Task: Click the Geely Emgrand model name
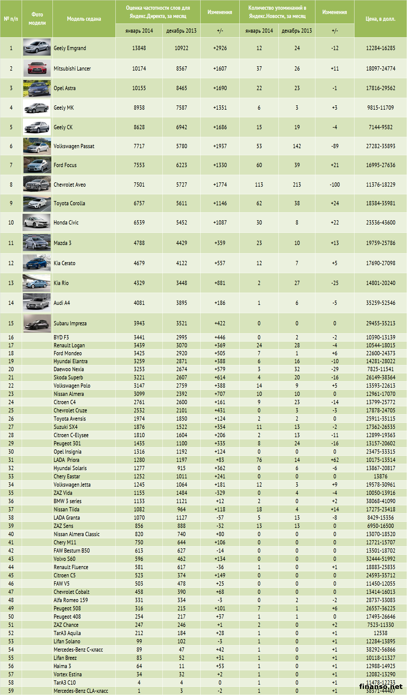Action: (70, 48)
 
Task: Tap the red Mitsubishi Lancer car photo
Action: (37, 68)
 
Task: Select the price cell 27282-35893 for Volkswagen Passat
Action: (380, 146)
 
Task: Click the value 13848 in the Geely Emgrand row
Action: (139, 48)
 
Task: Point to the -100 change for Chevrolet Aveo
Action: (335, 185)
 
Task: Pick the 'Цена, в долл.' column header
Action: (380, 19)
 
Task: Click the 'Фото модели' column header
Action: (37, 19)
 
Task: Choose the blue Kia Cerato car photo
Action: (37, 263)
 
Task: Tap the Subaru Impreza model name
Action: (70, 324)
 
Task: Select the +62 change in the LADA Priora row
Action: (335, 460)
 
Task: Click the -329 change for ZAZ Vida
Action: (220, 493)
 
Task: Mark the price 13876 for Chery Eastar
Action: (380, 477)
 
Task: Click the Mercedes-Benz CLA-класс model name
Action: (81, 691)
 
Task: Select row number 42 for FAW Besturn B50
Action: (11, 551)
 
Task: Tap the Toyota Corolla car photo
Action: (37, 203)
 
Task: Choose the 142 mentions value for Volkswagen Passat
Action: (297, 146)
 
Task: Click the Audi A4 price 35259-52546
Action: (380, 303)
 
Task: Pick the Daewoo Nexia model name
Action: (69, 369)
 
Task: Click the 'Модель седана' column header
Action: (84, 19)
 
